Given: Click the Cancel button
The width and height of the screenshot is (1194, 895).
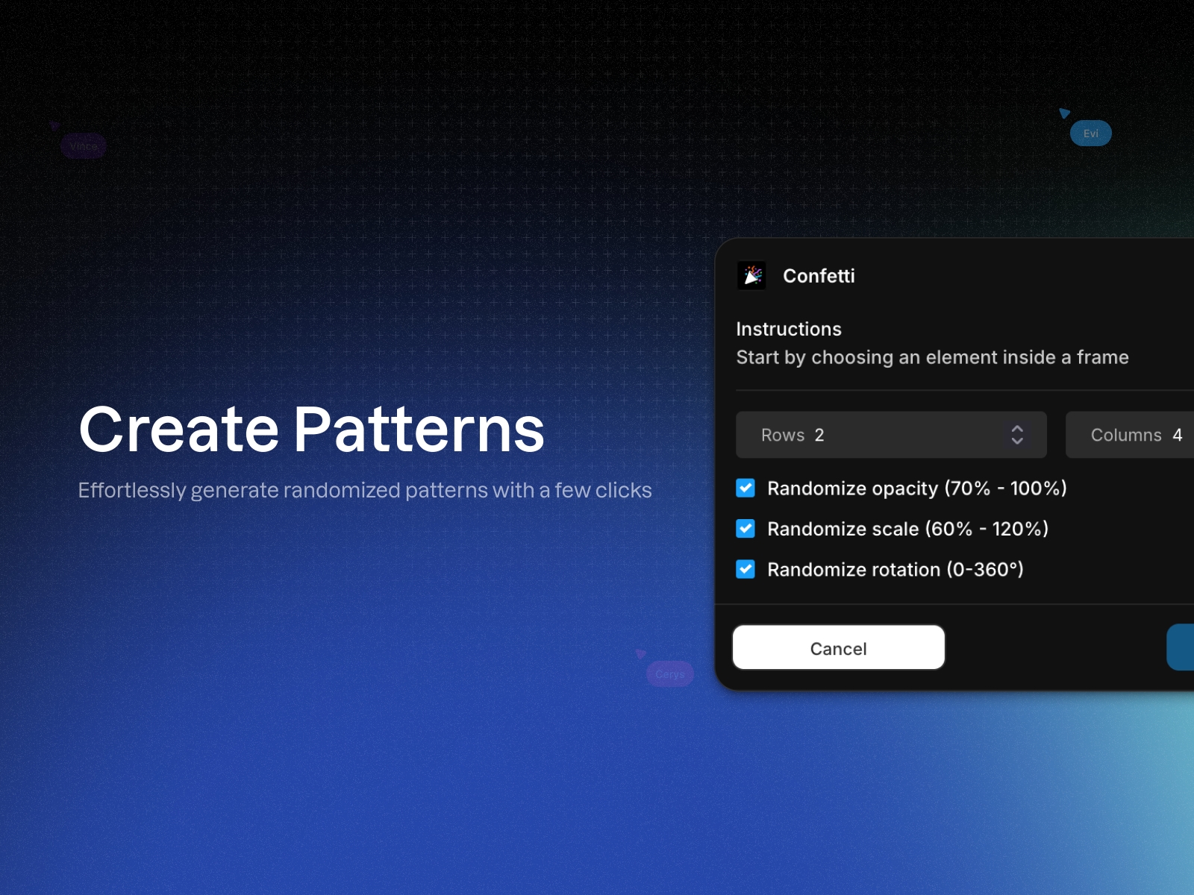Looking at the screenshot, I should point(838,647).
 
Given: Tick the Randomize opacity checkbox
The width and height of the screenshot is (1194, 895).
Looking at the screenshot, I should point(746,488).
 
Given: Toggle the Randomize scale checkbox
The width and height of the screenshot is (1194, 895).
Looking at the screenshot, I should point(746,529).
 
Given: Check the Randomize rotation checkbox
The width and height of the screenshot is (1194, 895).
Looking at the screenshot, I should point(746,569).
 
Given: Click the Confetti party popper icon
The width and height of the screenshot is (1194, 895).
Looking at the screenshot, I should point(751,276).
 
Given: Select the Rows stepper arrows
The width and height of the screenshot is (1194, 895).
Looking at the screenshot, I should point(1017,435).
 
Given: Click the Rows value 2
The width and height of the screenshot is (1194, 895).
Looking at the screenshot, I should point(819,435).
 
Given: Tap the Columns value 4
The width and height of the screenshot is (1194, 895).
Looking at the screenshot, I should point(1178,435).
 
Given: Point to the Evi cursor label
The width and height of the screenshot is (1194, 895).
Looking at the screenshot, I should point(1091,134).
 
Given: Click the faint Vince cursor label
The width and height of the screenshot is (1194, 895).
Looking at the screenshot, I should point(84,146).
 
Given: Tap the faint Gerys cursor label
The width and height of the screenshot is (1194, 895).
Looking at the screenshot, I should point(670,674).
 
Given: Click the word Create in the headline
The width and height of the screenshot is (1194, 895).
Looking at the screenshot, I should point(178,430).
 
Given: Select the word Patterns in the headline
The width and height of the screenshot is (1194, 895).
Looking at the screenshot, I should point(419,430).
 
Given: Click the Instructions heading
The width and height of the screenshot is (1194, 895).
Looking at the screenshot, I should point(789,329).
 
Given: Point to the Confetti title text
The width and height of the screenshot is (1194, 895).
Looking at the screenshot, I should point(819,276).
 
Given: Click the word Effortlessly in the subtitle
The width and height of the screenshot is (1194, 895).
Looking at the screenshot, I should point(132,490).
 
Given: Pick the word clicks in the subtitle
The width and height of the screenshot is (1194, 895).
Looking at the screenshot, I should point(623,490).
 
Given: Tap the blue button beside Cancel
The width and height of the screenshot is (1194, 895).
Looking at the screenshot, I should point(1181,647).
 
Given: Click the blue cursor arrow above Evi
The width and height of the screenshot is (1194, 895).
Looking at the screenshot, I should point(1064,113).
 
